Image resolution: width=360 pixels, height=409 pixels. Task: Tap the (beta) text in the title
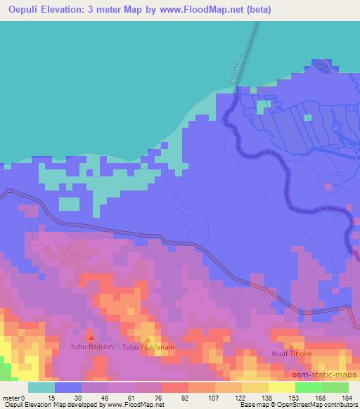(258, 11)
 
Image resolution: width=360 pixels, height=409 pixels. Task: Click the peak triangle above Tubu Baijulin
(90, 338)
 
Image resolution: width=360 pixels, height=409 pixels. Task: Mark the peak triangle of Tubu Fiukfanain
(148, 339)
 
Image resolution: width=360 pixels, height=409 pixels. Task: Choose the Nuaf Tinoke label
(292, 354)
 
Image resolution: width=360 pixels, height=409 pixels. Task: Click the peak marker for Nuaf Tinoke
(292, 346)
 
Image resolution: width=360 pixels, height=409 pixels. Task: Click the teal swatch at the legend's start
(41, 387)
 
